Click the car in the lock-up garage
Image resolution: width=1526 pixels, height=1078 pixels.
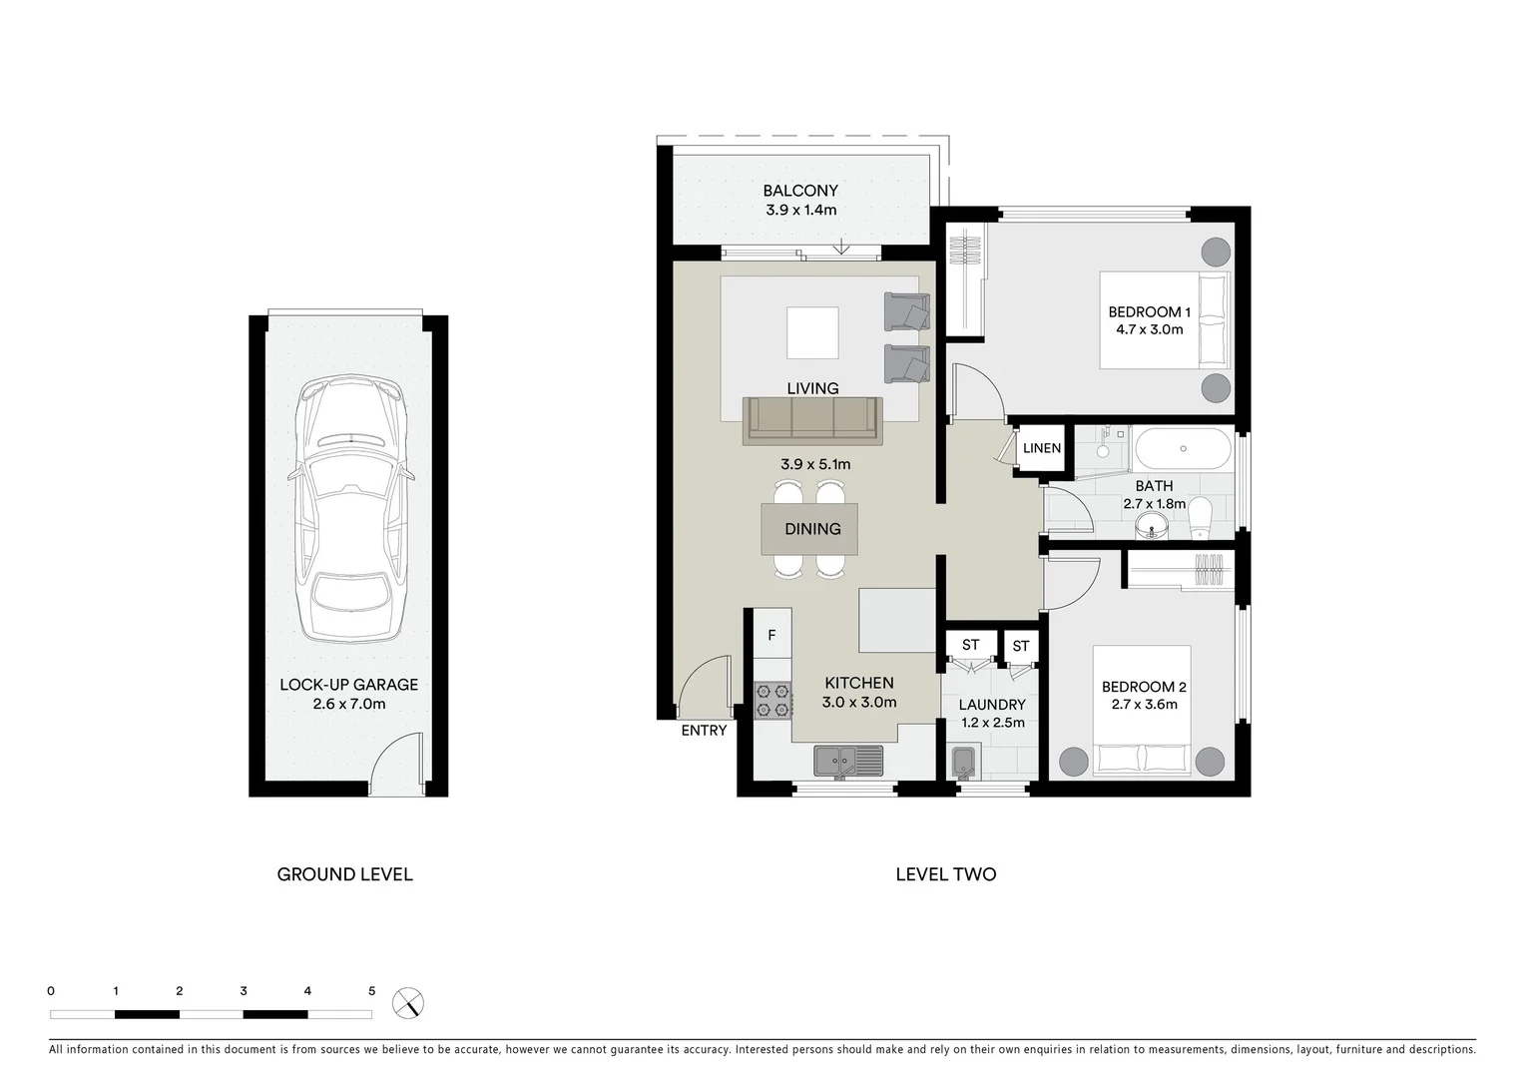tap(350, 510)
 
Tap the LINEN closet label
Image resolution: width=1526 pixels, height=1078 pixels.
tap(1041, 448)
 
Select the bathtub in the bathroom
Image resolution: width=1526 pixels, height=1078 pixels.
tap(1183, 448)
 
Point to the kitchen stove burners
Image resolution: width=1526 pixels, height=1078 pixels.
tap(772, 700)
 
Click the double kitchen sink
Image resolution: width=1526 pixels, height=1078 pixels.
tap(848, 762)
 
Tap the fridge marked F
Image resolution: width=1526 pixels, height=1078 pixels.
tap(771, 635)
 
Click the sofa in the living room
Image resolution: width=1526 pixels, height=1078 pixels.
tap(811, 420)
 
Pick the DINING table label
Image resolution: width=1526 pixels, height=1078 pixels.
tap(811, 529)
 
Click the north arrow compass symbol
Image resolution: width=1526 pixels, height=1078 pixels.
tap(407, 1002)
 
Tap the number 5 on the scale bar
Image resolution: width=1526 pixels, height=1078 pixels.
tap(371, 991)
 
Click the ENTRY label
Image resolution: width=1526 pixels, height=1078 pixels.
tap(704, 731)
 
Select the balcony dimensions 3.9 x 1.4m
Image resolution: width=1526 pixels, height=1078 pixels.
tap(800, 211)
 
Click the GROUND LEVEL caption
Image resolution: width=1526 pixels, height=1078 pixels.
tap(344, 874)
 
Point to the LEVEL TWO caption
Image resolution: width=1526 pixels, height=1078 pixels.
tap(945, 874)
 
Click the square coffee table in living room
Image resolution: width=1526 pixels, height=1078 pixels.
tap(812, 332)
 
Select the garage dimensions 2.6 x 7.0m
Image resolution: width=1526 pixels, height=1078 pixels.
tap(348, 705)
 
